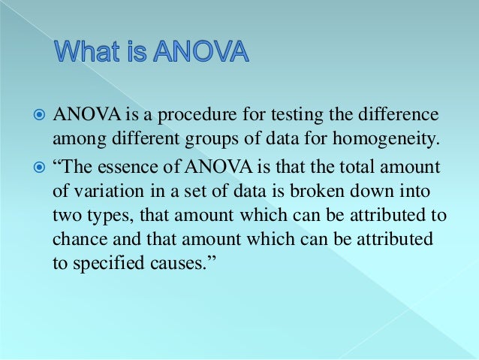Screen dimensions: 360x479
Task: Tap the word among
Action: click(x=76, y=141)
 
